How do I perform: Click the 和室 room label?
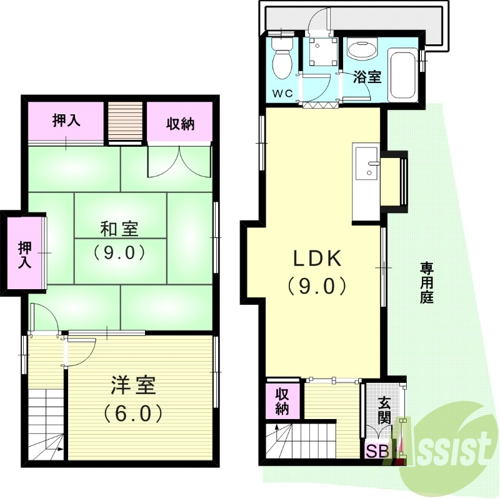[x=119, y=229]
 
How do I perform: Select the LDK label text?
[x=317, y=258]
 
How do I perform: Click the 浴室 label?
[x=367, y=77]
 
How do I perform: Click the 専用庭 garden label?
[x=427, y=283]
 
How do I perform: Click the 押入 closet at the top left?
[x=66, y=121]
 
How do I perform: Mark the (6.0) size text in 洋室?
[x=133, y=413]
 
